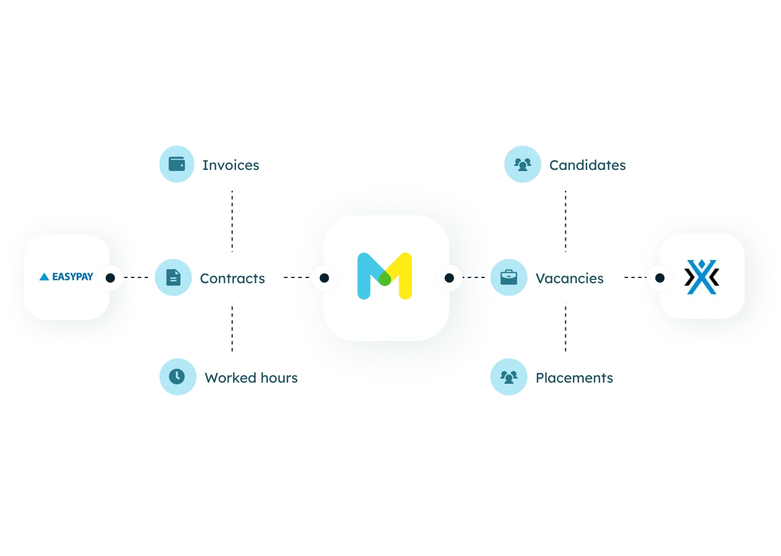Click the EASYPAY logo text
click(72, 277)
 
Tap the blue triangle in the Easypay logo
click(45, 277)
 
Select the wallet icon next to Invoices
click(177, 164)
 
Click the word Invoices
click(231, 165)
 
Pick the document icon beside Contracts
click(174, 277)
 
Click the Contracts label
click(233, 279)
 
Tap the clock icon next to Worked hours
click(177, 377)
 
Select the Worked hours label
click(252, 377)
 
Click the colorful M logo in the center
click(385, 276)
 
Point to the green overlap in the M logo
click(385, 279)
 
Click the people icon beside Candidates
click(522, 165)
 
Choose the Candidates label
click(588, 165)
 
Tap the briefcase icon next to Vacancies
click(509, 277)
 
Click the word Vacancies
click(570, 279)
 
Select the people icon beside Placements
click(509, 377)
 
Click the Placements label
click(574, 377)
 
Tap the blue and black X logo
click(702, 277)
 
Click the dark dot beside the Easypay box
click(110, 277)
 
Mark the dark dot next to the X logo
click(660, 277)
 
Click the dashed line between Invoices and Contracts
click(232, 221)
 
